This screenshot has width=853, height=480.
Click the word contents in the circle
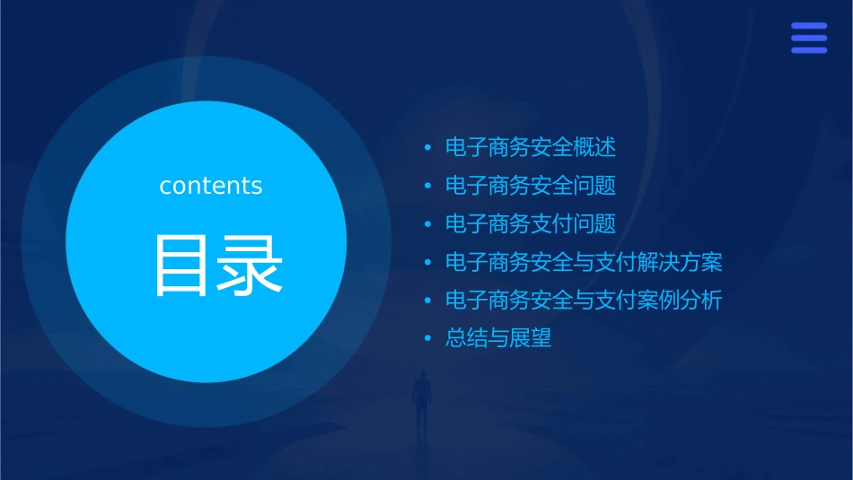coord(210,186)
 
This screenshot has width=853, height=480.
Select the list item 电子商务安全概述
coord(530,148)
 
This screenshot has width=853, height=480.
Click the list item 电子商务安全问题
coord(530,187)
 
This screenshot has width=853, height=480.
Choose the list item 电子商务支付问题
coord(530,224)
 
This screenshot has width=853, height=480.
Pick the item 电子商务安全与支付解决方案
coord(584,263)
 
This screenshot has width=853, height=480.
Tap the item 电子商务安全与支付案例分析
coord(584,301)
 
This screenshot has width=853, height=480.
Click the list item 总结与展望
coord(498,338)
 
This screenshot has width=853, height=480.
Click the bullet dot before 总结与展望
coord(428,339)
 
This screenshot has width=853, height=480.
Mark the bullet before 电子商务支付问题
coord(428,225)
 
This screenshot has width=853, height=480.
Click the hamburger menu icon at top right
coord(808,38)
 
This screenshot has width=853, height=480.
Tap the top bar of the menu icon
coord(808,26)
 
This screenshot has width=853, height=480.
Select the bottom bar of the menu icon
coord(808,50)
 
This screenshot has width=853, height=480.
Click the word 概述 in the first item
coord(594,148)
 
